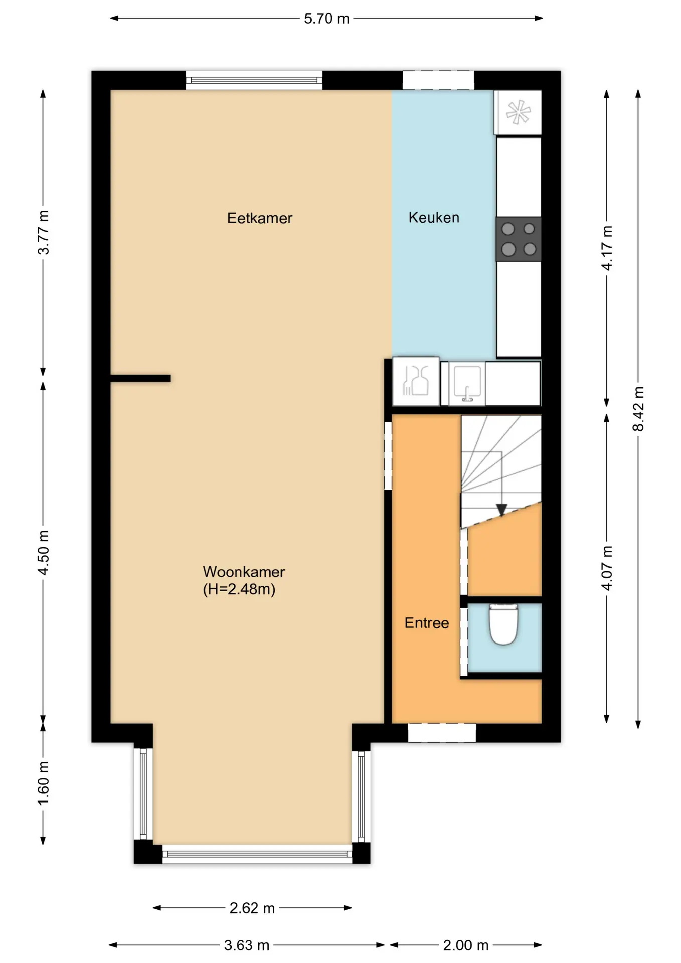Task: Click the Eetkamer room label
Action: tap(259, 218)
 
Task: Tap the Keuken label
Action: tap(434, 218)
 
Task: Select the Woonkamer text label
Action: tap(244, 572)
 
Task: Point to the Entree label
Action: tap(427, 623)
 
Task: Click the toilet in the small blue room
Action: tap(503, 624)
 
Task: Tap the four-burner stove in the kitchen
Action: tap(519, 239)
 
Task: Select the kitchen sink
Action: tap(467, 384)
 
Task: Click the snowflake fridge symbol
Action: tap(518, 112)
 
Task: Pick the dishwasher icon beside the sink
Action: tap(416, 381)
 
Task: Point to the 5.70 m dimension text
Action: tap(326, 19)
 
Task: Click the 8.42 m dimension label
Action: tap(638, 409)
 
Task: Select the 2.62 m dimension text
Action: tap(252, 908)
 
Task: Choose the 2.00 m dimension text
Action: tap(466, 945)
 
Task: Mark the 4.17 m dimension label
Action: tap(607, 248)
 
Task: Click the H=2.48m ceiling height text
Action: tap(239, 589)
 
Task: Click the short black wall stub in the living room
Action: tap(140, 379)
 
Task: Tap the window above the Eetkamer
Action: tap(254, 80)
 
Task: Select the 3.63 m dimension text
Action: tap(247, 945)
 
